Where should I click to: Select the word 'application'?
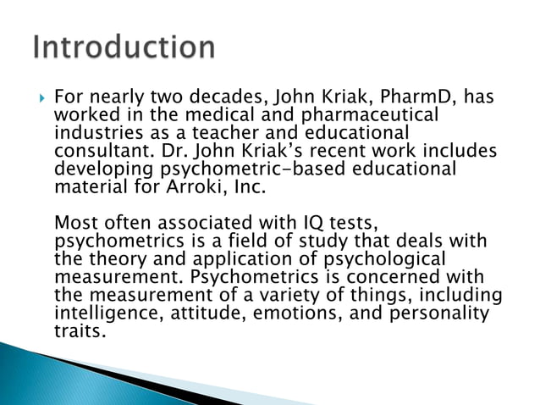tap(229, 259)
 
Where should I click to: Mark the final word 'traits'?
tap(79, 330)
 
